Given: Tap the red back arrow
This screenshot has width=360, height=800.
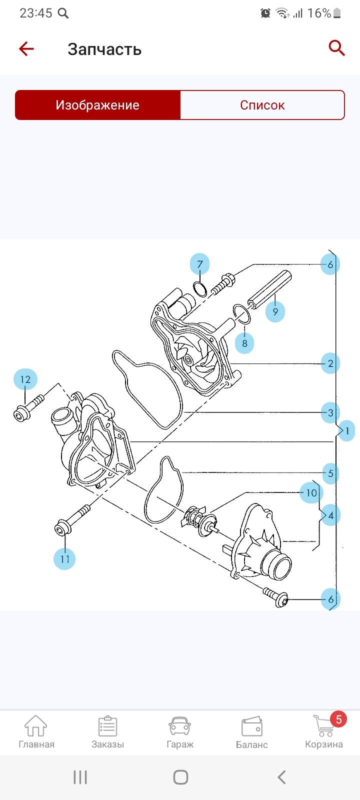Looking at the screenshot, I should [x=26, y=48].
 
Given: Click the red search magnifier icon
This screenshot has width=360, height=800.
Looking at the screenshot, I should [x=336, y=48].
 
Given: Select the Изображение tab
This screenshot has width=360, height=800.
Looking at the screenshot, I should [x=97, y=105].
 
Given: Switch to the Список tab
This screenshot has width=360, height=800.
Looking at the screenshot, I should [x=262, y=105].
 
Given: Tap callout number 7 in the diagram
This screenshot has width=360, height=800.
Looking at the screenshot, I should [x=199, y=264].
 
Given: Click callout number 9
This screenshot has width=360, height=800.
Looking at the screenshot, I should [x=275, y=311].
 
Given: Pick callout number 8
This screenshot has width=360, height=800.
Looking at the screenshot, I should [x=244, y=343].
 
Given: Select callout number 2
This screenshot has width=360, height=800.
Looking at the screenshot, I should [x=330, y=363].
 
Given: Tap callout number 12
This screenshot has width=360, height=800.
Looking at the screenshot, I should [x=25, y=379].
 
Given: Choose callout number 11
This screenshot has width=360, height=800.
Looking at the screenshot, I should [x=64, y=558].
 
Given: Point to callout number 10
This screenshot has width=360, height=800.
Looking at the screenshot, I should [x=311, y=493].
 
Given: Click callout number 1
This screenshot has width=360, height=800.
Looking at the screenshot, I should [x=347, y=430].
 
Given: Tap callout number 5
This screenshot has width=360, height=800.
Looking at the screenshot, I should [x=330, y=473].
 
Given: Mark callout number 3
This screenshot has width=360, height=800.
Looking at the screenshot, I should [x=330, y=413].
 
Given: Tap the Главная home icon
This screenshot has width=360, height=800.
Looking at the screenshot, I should [x=36, y=726].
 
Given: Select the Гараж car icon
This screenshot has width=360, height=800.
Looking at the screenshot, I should [x=180, y=726].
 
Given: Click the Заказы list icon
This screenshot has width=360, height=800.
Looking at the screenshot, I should [x=107, y=726].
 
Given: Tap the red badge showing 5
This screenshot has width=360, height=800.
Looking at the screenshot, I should [x=338, y=719].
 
